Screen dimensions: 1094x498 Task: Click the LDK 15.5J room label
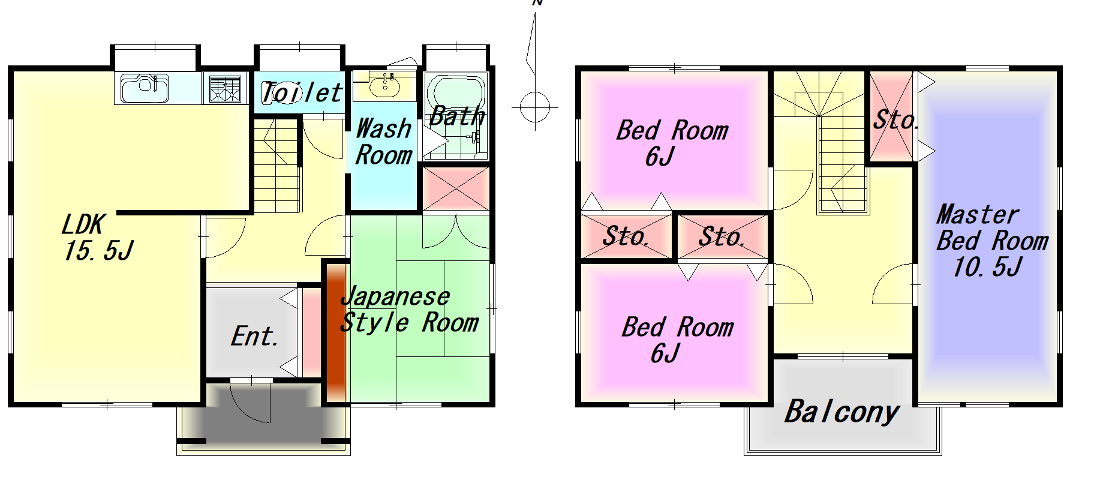coord(97,238)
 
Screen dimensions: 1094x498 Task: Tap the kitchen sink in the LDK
coord(145,88)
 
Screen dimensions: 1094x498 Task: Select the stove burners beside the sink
coord(225,88)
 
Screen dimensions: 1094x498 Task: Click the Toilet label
coord(302,93)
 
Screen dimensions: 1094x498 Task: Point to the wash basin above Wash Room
coord(384,85)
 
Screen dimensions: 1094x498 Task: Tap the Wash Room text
coord(384,142)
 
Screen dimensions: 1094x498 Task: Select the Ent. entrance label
coord(254,336)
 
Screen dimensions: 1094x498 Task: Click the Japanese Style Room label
coord(409,310)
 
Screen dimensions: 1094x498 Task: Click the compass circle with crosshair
coord(535,107)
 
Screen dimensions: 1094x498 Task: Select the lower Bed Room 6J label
coord(677,340)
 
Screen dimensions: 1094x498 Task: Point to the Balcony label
coord(842,412)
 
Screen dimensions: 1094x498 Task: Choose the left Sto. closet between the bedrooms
coord(627,236)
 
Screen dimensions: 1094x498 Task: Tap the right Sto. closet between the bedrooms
coord(723,236)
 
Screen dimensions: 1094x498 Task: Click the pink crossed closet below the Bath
coord(456,189)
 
